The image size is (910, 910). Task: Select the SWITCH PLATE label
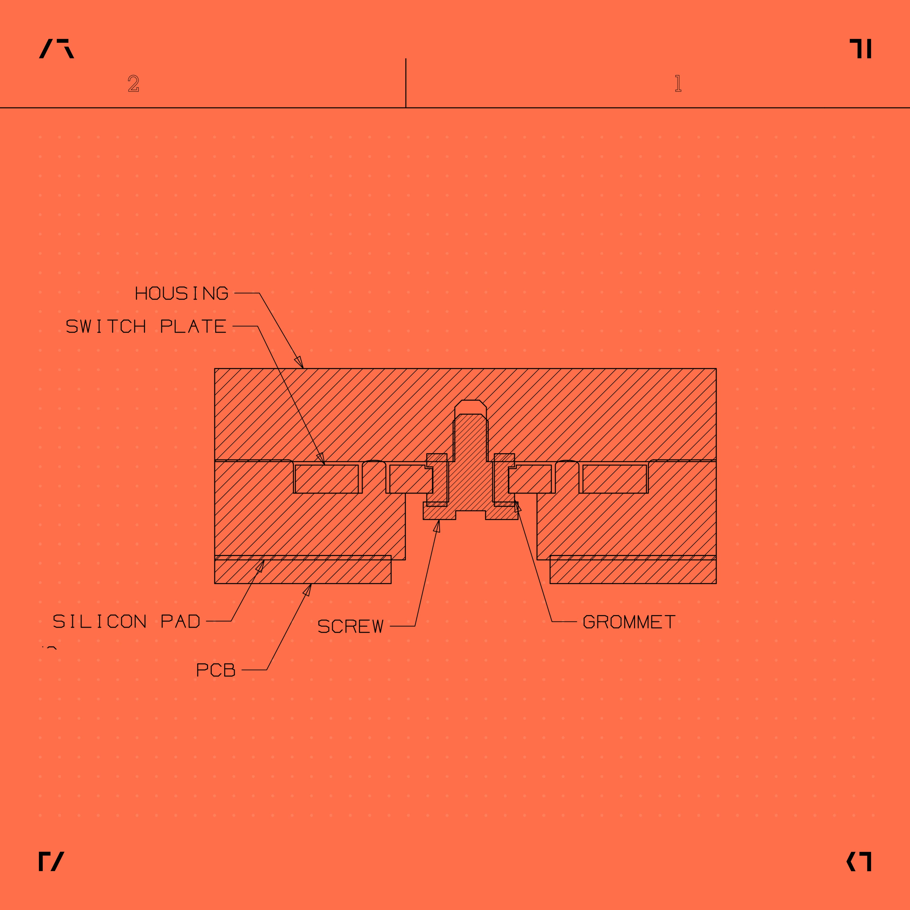[x=146, y=326]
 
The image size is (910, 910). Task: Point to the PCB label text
[x=216, y=670]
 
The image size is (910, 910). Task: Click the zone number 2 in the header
[x=134, y=83]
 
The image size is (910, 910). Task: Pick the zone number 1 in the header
[x=678, y=83]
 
